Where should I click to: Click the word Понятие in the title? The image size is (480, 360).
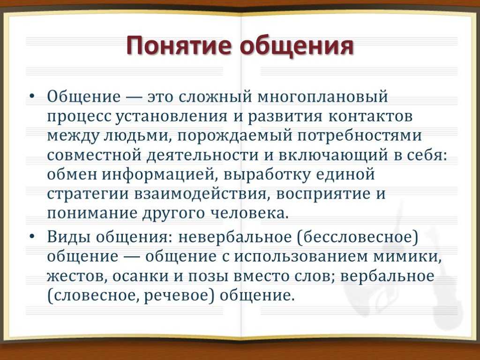coord(180,45)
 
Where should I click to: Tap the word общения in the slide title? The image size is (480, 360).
coord(297,46)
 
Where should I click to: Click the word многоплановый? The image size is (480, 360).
coord(322,97)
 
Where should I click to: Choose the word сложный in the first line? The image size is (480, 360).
coord(215,97)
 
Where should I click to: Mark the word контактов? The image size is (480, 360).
coord(370,116)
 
